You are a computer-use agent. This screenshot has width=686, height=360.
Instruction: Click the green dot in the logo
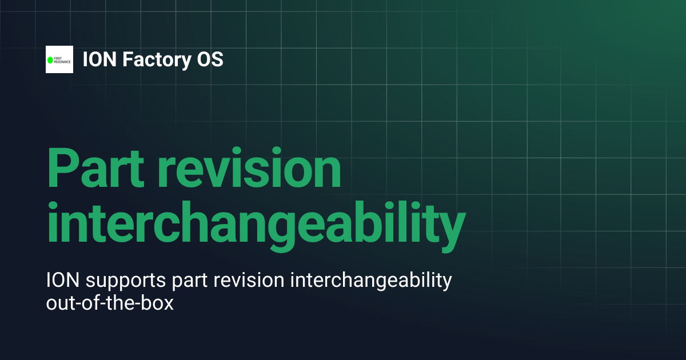tap(50, 60)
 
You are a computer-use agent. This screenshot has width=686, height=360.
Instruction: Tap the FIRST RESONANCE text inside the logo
tap(62, 60)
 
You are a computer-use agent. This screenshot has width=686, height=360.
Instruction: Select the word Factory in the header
tap(157, 61)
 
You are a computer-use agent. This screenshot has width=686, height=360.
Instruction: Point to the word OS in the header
tap(210, 59)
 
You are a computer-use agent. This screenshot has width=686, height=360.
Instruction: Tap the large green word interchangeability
tap(256, 226)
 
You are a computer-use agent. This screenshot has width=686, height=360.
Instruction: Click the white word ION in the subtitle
tap(63, 280)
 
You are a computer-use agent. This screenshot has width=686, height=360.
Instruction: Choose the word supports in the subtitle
tap(126, 282)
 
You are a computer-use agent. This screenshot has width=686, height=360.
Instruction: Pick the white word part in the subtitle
tap(190, 282)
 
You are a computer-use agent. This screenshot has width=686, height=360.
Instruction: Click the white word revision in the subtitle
tap(249, 280)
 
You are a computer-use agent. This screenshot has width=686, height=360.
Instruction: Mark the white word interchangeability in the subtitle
tap(371, 281)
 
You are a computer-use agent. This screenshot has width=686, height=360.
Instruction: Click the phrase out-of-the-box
tap(110, 303)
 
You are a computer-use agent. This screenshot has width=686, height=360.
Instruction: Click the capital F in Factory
tap(128, 59)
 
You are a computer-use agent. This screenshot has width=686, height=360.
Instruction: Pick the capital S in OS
tap(217, 59)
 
